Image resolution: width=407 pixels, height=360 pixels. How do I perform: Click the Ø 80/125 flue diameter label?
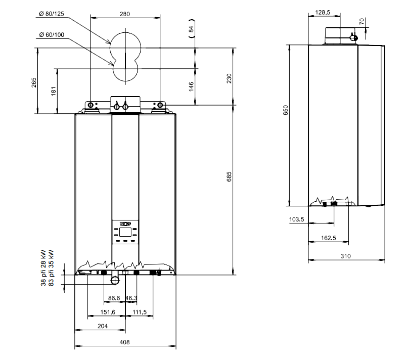point(52,14)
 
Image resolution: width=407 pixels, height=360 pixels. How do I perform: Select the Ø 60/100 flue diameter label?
point(52,35)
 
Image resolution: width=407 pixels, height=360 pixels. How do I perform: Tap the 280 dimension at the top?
point(125,14)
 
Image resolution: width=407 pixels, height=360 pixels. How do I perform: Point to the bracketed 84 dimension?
point(191,29)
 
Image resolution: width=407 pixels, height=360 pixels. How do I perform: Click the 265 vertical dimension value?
point(34,82)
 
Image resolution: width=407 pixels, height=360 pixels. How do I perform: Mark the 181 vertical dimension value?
point(54,92)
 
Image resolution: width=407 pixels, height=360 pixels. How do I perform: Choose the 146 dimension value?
point(191,86)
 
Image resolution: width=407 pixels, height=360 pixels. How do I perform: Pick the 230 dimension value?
point(229,78)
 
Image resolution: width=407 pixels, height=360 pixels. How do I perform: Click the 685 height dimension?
point(229,176)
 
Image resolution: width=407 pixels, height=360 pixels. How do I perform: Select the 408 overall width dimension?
point(124,342)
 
